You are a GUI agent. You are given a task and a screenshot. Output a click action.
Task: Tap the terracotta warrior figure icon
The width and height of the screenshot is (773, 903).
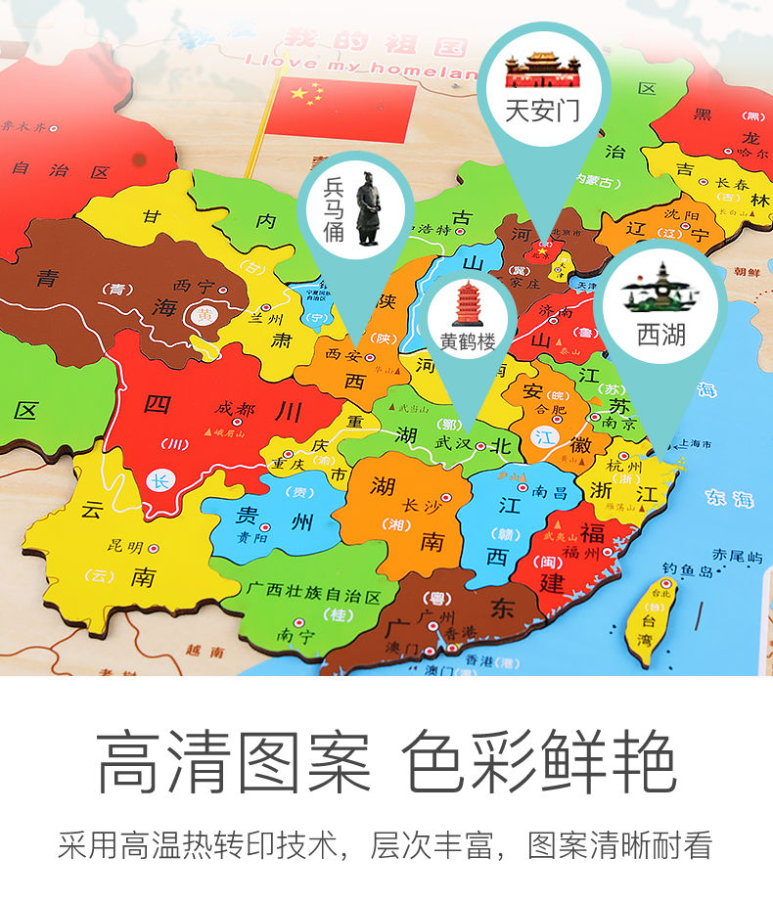coord(368,207)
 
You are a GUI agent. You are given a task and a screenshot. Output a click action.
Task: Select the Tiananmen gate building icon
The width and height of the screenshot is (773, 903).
coord(542,69)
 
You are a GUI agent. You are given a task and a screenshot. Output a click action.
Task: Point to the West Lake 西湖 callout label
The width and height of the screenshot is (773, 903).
coord(661,336)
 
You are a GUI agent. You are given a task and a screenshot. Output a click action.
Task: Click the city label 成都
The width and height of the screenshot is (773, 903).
coord(234,407)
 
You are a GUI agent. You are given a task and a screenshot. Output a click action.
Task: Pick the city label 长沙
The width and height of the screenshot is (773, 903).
coord(422,505)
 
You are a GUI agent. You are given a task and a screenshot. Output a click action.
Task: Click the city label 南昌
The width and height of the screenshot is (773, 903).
coord(550,492)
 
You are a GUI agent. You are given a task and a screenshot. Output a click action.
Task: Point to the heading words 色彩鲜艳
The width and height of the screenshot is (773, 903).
coord(540,760)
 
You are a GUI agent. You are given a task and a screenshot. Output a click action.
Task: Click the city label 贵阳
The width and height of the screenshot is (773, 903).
coord(250,537)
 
